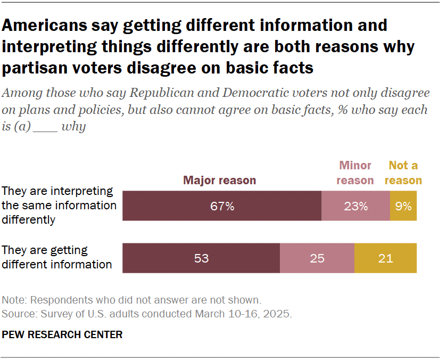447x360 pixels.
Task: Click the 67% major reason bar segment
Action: click(x=222, y=206)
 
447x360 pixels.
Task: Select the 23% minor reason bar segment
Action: click(x=355, y=206)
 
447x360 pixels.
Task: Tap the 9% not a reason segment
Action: click(x=403, y=206)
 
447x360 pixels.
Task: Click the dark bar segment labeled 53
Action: click(x=201, y=258)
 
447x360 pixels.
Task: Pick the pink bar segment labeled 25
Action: click(x=317, y=258)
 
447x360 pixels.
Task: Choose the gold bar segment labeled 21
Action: click(x=385, y=258)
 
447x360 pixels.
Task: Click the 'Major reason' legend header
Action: click(x=219, y=180)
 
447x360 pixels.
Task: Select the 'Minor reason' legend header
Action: click(x=355, y=173)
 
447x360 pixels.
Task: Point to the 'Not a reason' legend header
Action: click(x=403, y=173)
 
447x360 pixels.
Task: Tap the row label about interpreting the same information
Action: click(x=60, y=205)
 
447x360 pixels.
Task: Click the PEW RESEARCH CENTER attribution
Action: click(x=62, y=334)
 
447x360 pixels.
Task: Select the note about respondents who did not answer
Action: click(x=131, y=299)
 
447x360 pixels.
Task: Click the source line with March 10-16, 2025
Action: click(x=147, y=314)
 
